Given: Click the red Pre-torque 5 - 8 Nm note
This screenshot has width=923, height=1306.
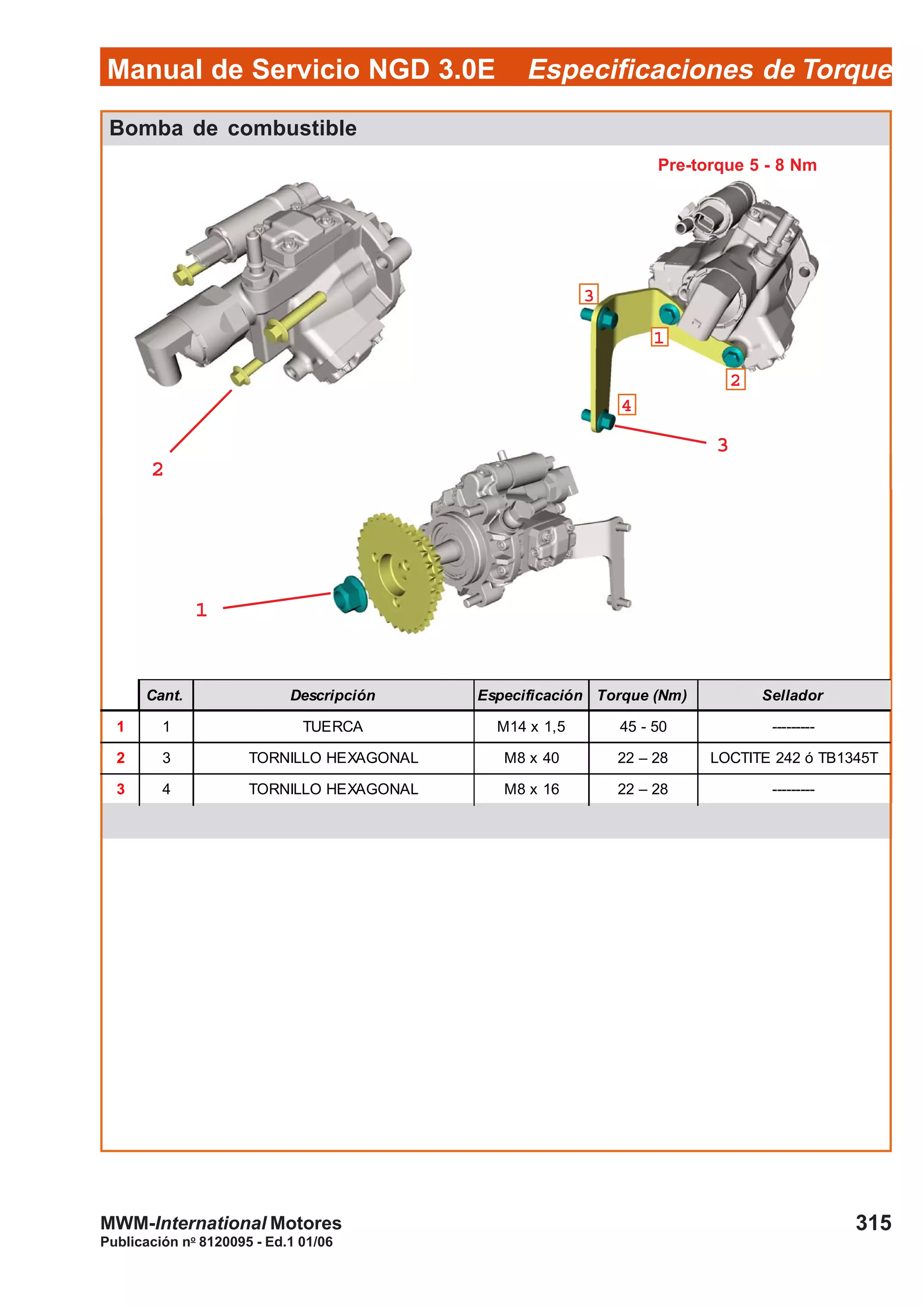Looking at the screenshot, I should click(x=736, y=165).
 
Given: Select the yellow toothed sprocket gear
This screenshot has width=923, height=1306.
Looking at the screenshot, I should click(x=398, y=572).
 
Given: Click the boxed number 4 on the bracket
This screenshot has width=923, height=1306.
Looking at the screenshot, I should click(x=626, y=405).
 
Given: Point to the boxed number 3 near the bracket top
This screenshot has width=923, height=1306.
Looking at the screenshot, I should click(x=588, y=295).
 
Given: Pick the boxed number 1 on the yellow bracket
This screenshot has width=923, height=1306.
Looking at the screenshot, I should click(x=658, y=337).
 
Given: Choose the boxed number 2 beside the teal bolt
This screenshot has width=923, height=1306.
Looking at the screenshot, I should click(x=735, y=379).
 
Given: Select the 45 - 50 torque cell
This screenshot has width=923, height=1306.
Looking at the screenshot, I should click(x=643, y=726).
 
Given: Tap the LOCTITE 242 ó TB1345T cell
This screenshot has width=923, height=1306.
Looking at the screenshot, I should click(x=793, y=758).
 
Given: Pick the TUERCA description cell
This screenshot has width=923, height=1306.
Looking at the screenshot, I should click(x=333, y=726).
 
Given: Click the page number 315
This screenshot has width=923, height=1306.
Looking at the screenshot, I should click(x=873, y=1222).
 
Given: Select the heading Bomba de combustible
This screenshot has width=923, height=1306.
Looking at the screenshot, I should click(x=233, y=128).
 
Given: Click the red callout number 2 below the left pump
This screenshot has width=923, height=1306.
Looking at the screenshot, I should click(x=158, y=469).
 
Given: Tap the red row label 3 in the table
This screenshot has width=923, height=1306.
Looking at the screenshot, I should click(x=121, y=789).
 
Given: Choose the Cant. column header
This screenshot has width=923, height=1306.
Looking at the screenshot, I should click(x=165, y=695).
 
